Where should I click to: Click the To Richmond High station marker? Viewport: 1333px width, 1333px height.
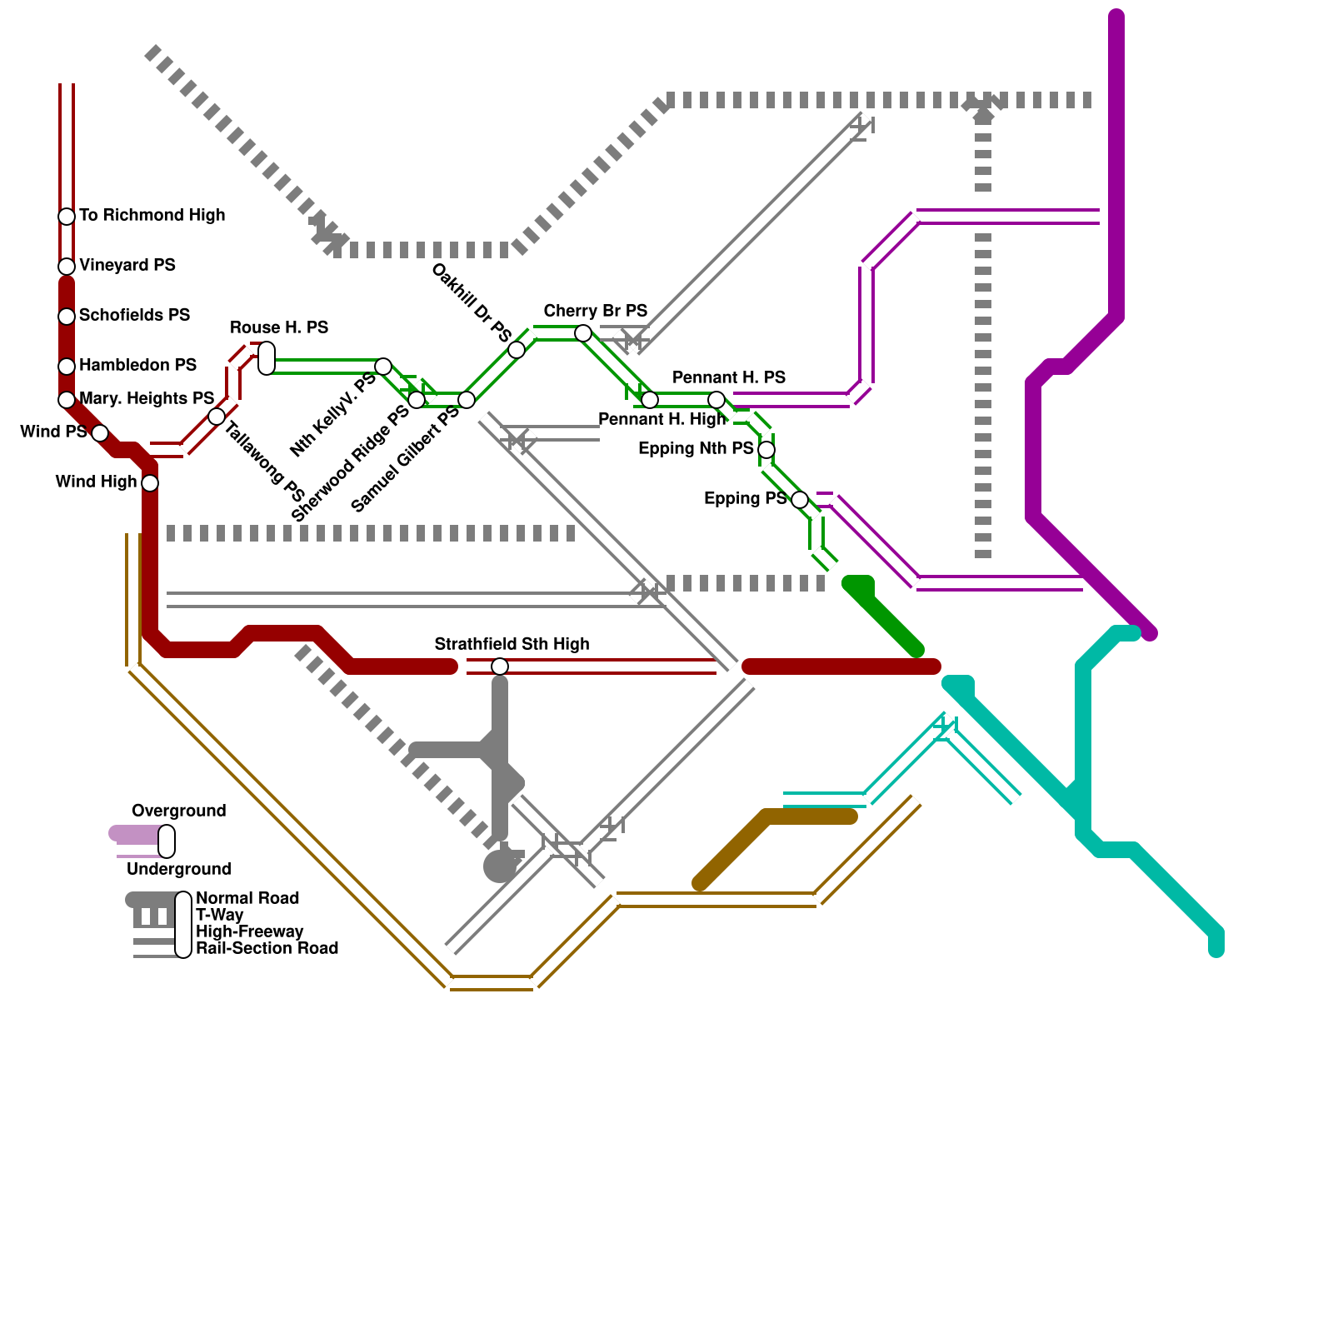click(67, 217)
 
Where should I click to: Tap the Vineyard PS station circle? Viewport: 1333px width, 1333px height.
click(67, 267)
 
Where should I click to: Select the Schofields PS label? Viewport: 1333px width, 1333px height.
click(134, 315)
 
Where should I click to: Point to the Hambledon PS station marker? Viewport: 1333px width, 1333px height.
click(67, 367)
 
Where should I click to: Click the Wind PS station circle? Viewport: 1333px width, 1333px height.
click(100, 433)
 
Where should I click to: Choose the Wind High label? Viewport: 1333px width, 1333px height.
click(96, 482)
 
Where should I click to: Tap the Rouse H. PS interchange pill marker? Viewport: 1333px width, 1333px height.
click(267, 358)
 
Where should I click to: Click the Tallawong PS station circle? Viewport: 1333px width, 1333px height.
click(217, 417)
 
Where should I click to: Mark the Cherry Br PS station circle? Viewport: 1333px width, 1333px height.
click(583, 333)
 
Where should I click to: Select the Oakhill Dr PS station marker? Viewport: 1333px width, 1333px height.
click(517, 350)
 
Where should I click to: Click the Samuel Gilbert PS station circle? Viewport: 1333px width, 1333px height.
click(467, 400)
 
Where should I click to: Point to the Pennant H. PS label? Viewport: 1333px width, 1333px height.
click(729, 377)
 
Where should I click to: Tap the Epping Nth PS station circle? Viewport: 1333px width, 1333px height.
click(766, 450)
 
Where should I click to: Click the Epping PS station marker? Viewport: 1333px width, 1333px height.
click(800, 500)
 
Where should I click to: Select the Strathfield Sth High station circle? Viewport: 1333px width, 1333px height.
click(500, 666)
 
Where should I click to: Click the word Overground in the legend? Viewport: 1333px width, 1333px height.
click(178, 811)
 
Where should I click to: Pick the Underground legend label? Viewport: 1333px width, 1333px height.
click(178, 869)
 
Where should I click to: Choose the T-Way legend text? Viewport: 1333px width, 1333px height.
click(220, 915)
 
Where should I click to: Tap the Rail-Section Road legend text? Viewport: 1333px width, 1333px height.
click(267, 948)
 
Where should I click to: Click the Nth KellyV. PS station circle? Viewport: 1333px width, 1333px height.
click(383, 367)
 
